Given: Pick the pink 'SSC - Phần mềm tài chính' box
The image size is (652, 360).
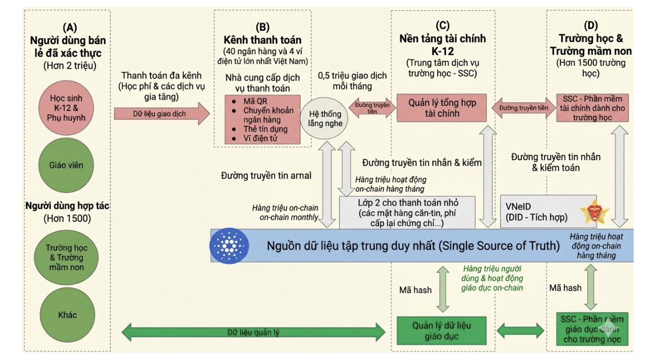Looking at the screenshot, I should pos(589,107).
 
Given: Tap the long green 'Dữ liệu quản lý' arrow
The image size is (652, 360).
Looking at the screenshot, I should pos(254,332).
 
